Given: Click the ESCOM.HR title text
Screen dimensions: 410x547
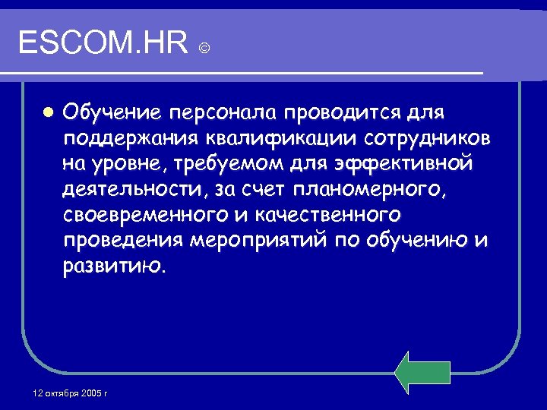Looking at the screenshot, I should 103,43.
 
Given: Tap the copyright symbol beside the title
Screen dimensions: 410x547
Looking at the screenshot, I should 204,49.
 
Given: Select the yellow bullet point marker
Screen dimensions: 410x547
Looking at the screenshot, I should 47,113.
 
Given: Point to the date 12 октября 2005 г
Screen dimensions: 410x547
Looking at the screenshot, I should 71,393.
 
